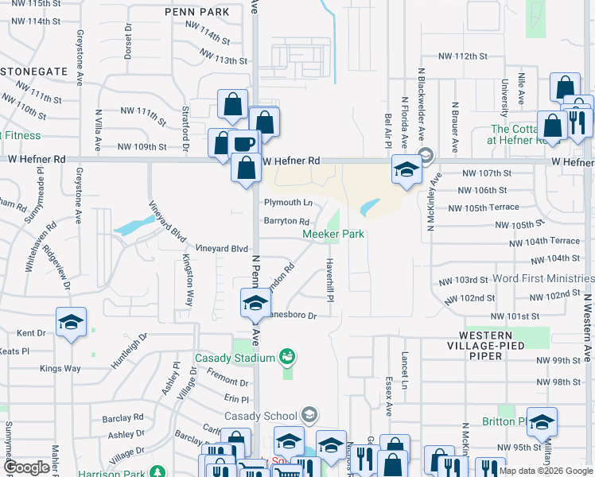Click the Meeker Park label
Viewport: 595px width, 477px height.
coord(333,234)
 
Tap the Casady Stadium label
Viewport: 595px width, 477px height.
coord(234,358)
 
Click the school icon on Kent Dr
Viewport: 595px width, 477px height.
coord(72,322)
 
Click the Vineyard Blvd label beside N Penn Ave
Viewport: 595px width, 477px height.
coord(217,249)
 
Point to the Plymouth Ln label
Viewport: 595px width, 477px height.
coord(287,203)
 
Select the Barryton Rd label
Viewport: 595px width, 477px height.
coord(286,222)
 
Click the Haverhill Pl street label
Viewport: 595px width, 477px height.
coord(329,279)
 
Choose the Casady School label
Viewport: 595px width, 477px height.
coord(262,416)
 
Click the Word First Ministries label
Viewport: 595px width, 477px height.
coord(543,279)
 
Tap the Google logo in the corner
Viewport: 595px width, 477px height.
coord(27,467)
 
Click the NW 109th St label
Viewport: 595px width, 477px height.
coord(142,147)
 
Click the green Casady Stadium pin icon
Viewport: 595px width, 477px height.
coord(287,357)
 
